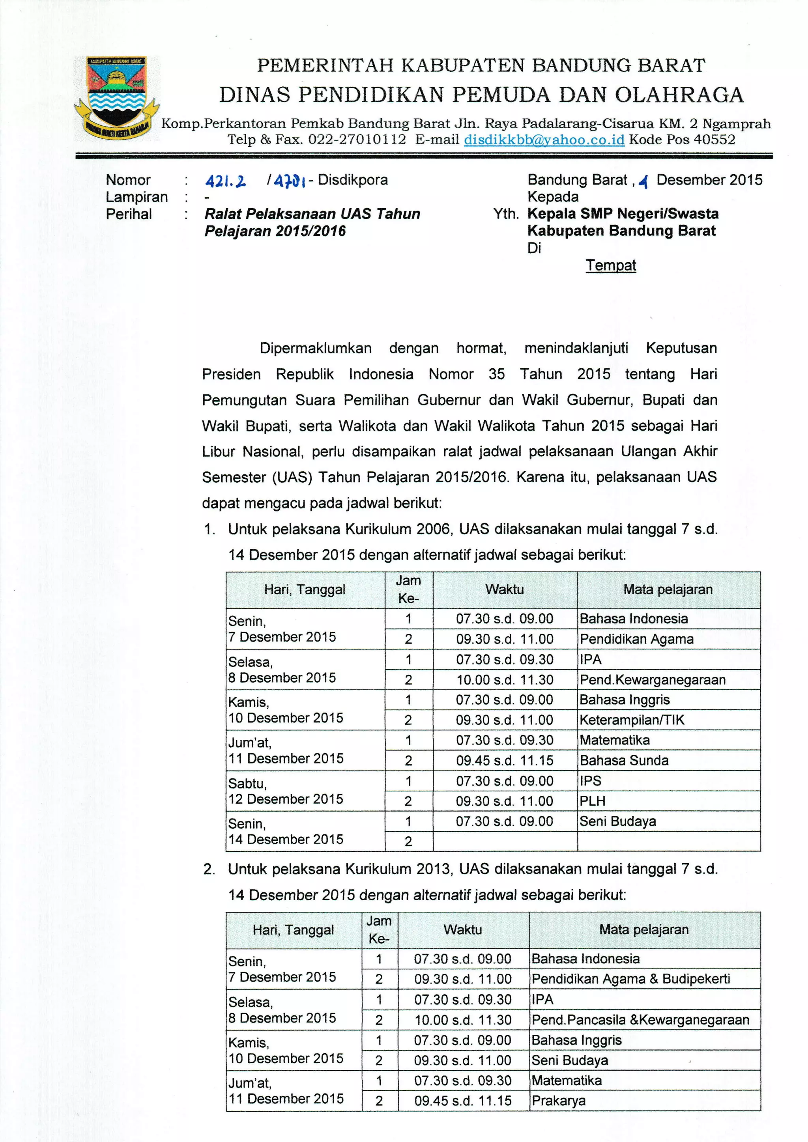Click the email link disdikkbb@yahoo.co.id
[x=544, y=140]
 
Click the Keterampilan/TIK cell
[x=632, y=720]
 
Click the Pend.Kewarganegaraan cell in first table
[x=652, y=679]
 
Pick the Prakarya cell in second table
[x=558, y=1101]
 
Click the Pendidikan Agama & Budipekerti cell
[x=631, y=979]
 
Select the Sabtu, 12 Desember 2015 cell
[x=286, y=791]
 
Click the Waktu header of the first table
[x=505, y=590]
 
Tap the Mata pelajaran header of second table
[x=644, y=929]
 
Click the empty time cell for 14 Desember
[x=505, y=842]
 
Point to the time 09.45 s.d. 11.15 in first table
[x=505, y=761]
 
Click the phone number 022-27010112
[x=357, y=140]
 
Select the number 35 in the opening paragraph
[x=497, y=374]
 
